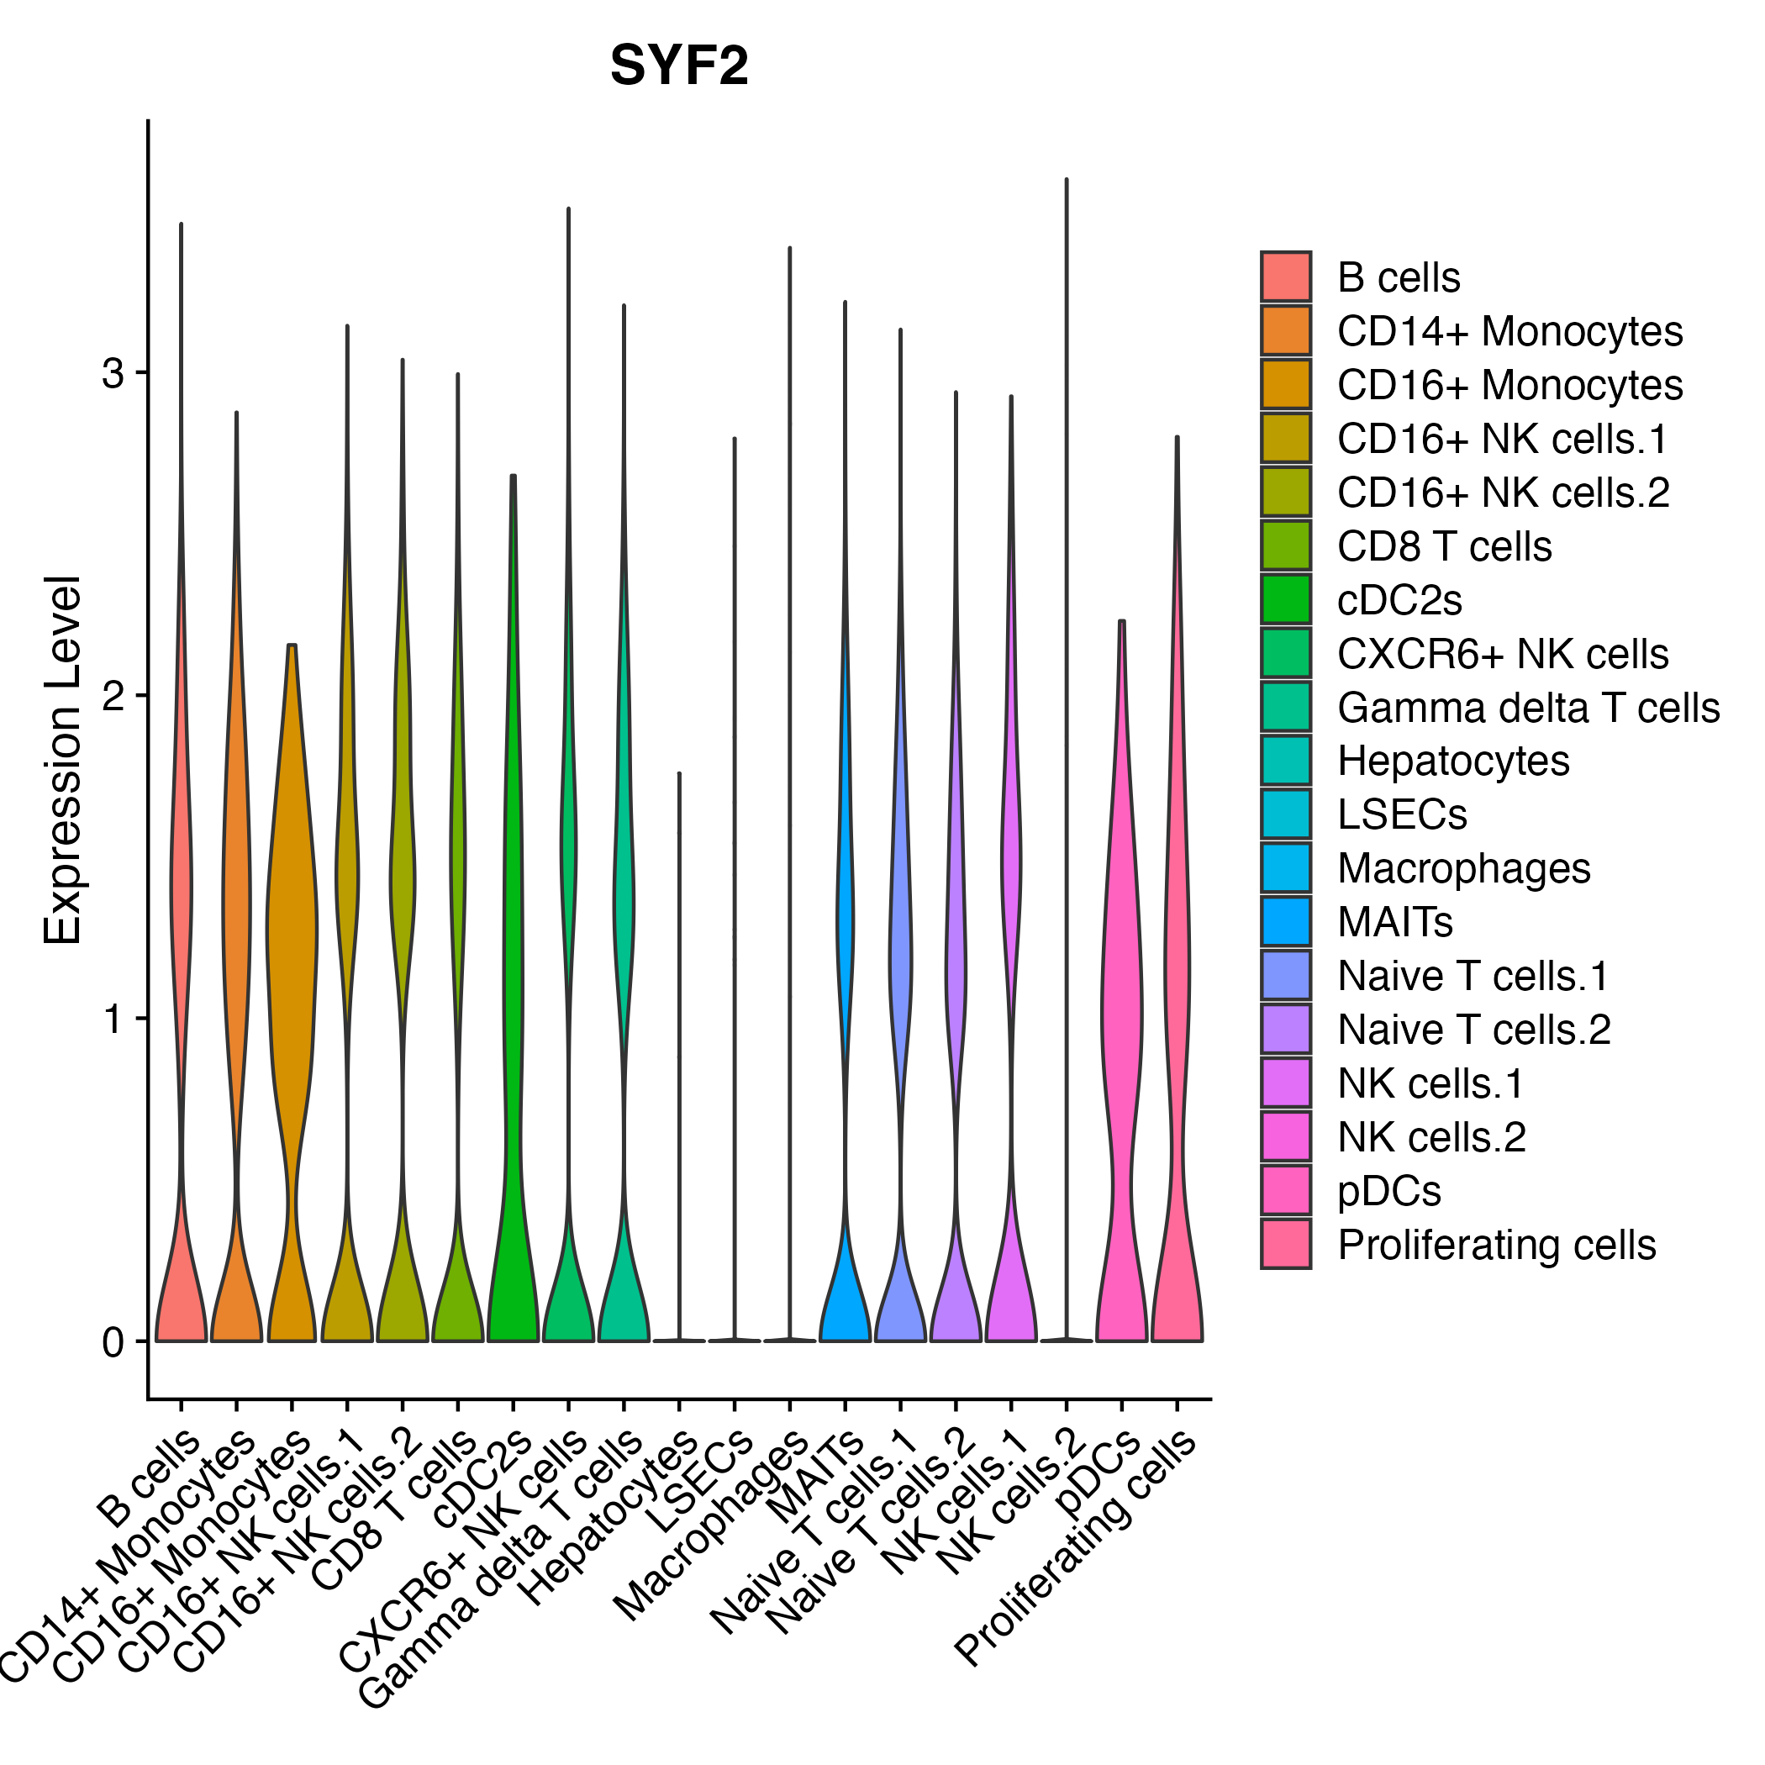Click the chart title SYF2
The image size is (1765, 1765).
tap(679, 66)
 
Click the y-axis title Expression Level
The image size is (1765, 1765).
tap(63, 760)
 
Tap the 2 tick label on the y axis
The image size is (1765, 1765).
tap(113, 696)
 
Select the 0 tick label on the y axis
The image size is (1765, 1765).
tap(113, 1342)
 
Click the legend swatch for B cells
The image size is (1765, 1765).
tap(1285, 277)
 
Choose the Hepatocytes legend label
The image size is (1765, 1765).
tap(1452, 761)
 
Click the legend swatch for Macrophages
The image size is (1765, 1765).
tap(1285, 868)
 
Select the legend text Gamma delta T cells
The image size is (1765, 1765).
tap(1527, 708)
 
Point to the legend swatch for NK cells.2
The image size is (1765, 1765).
tap(1285, 1137)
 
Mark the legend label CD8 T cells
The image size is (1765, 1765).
tap(1443, 546)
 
